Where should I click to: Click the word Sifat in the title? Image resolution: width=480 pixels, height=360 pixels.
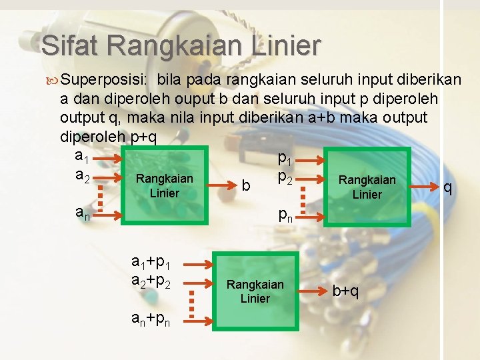[x=69, y=45]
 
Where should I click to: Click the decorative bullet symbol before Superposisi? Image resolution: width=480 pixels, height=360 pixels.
[x=52, y=81]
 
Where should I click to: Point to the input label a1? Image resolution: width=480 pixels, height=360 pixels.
[x=82, y=156]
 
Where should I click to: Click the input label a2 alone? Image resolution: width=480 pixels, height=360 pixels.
[x=83, y=176]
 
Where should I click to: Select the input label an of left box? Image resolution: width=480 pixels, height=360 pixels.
[x=83, y=213]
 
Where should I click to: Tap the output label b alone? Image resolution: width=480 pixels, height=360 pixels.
[x=246, y=185]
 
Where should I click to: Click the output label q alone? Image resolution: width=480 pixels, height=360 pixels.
[x=447, y=187]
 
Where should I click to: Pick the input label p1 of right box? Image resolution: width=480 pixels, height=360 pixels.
[x=285, y=159]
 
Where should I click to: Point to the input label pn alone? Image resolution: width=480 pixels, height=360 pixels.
[x=285, y=215]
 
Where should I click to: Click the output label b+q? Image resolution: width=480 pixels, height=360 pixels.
[x=345, y=291]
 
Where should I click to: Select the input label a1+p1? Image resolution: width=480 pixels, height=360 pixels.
[x=151, y=263]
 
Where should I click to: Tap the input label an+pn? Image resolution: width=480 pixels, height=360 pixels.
[x=151, y=319]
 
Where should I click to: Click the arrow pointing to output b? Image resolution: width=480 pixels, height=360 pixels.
[x=222, y=185]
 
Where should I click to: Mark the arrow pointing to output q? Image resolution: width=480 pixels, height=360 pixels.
[x=424, y=187]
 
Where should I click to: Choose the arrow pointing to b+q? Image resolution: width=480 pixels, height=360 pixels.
[x=313, y=291]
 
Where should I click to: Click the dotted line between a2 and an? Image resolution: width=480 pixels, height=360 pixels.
[x=100, y=199]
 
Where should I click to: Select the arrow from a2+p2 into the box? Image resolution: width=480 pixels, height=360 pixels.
[x=198, y=283]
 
